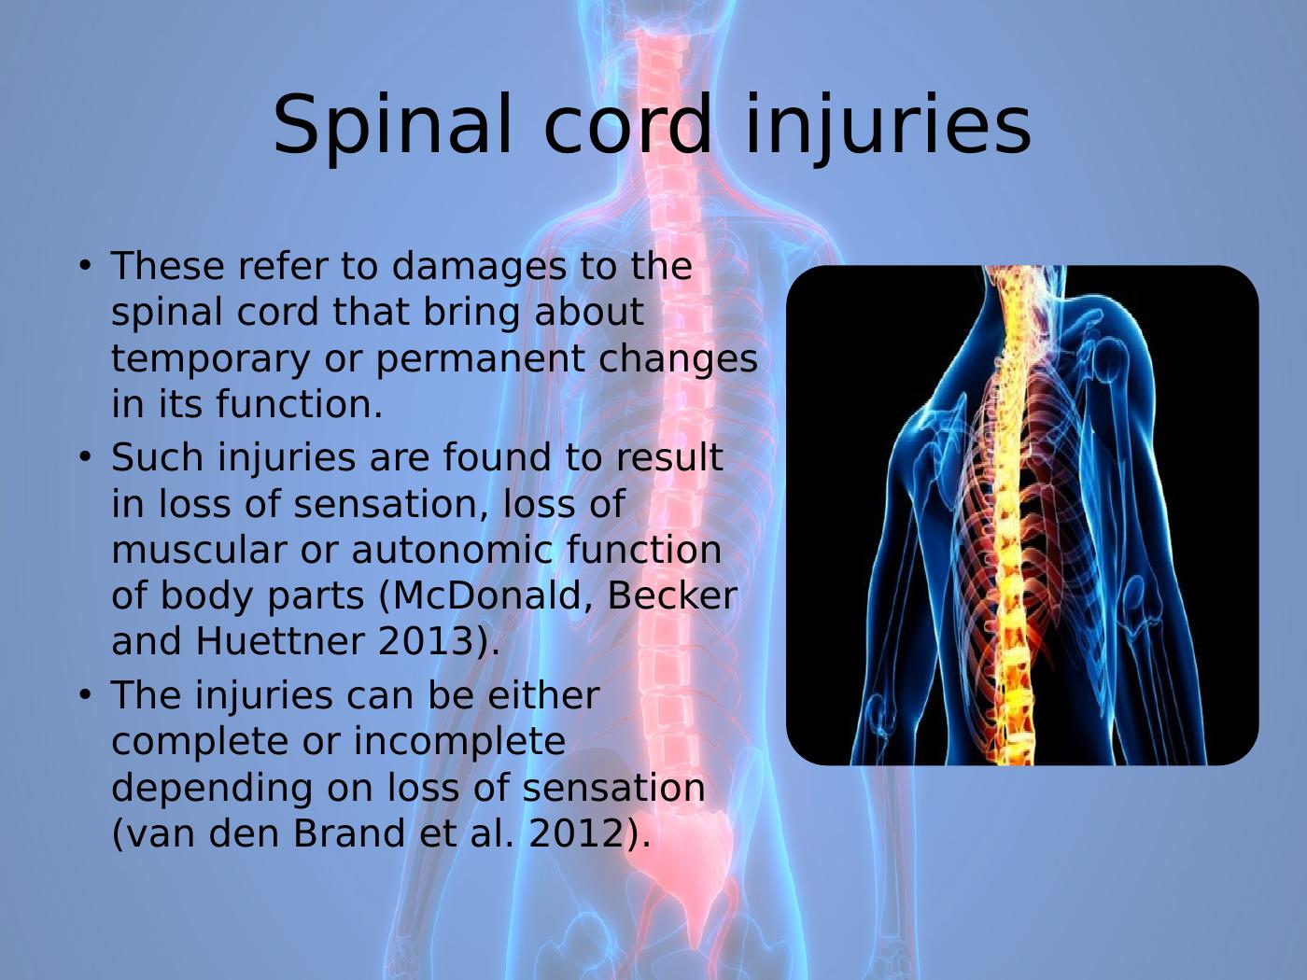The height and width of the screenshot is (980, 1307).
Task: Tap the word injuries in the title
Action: [x=888, y=126]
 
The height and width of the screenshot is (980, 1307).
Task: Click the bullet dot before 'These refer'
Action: [x=85, y=266]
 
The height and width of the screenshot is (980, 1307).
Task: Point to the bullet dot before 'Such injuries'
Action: [x=85, y=457]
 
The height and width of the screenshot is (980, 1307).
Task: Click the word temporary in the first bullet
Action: [x=211, y=360]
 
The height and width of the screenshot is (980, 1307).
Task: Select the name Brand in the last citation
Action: [x=349, y=833]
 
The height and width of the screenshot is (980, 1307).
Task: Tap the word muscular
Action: [x=200, y=549]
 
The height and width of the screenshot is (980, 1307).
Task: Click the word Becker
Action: [x=671, y=595]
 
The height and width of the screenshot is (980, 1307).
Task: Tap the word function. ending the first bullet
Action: [x=299, y=405]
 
